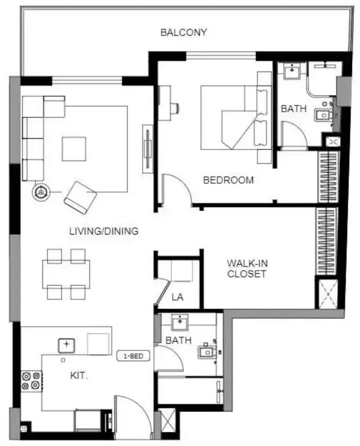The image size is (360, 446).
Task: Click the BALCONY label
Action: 183,33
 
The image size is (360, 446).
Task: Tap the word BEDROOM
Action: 228,180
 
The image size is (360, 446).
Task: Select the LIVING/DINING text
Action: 104,231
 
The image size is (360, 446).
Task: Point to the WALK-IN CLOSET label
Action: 247,268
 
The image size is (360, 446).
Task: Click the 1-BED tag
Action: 133,356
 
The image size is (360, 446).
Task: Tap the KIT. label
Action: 79,376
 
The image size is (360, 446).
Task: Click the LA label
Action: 177,297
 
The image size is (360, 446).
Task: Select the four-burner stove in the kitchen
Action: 32,381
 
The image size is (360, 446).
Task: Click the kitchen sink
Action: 67,345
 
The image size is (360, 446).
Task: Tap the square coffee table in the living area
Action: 74,149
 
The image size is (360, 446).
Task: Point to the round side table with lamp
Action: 41,192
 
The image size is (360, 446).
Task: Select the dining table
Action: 66,274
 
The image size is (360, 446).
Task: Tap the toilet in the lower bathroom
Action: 207,352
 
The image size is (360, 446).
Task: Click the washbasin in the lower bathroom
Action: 180,322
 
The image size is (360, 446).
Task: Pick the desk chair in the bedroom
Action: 174,108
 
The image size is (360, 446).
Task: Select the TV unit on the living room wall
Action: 148,148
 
